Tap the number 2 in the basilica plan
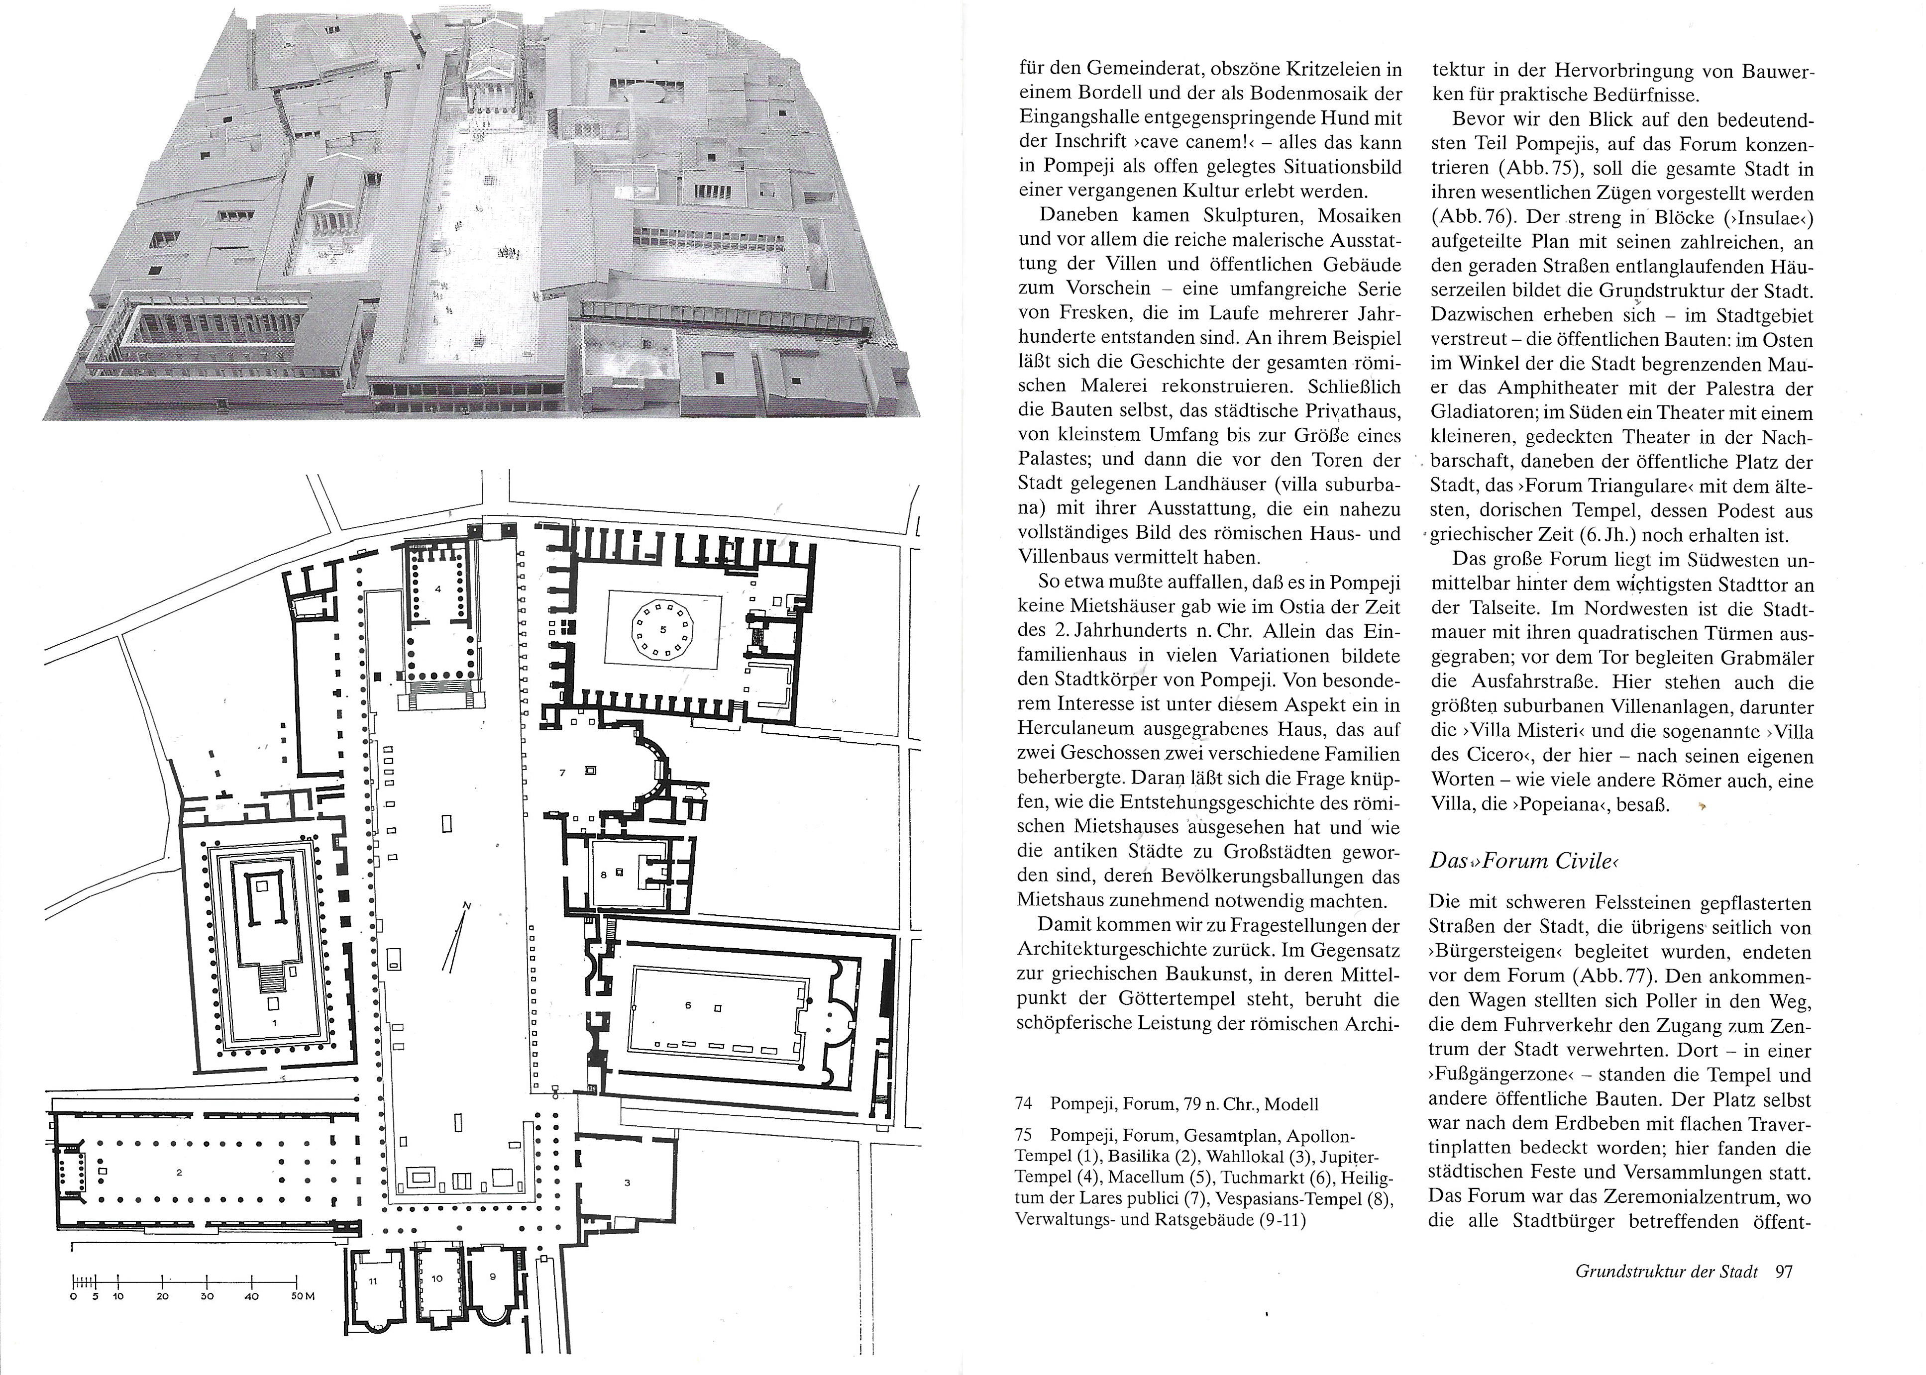click(180, 1173)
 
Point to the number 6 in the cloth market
click(688, 1005)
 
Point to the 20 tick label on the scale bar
click(163, 1320)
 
